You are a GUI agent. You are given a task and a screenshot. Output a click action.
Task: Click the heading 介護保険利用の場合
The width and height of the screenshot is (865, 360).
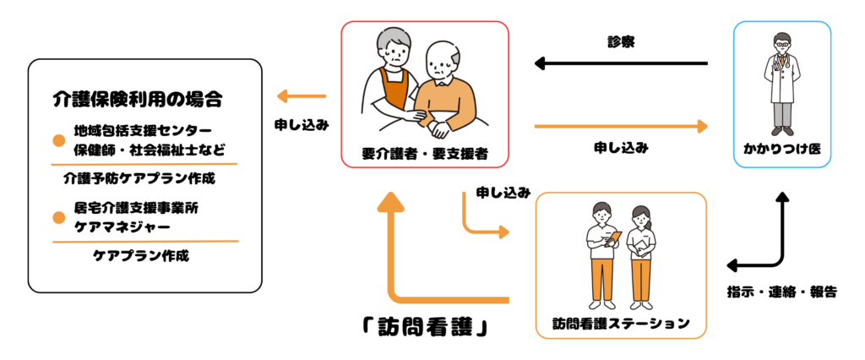tap(138, 100)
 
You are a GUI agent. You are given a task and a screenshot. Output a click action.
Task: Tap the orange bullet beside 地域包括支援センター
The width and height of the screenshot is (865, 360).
tap(59, 141)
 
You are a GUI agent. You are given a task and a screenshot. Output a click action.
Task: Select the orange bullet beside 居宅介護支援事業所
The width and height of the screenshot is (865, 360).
tap(59, 218)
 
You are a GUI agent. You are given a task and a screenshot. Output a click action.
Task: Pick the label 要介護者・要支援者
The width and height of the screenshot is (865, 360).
tap(424, 154)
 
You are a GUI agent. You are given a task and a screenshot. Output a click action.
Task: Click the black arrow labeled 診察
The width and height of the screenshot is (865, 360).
tap(621, 63)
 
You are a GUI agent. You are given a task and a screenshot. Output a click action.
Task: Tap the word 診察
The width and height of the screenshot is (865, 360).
tap(621, 43)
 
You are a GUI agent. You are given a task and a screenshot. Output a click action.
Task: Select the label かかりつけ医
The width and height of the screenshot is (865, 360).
tap(781, 149)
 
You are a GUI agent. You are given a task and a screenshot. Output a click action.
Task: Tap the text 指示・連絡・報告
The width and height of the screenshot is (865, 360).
tap(782, 292)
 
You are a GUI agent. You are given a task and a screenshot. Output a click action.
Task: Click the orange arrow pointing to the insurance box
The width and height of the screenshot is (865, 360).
tap(302, 96)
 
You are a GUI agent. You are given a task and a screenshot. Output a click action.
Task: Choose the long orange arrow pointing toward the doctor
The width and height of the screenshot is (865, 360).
tap(621, 127)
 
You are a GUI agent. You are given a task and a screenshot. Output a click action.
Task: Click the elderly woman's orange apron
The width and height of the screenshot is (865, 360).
tap(394, 90)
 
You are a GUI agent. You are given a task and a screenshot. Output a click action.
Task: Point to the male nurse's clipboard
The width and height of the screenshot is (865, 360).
tap(613, 239)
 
